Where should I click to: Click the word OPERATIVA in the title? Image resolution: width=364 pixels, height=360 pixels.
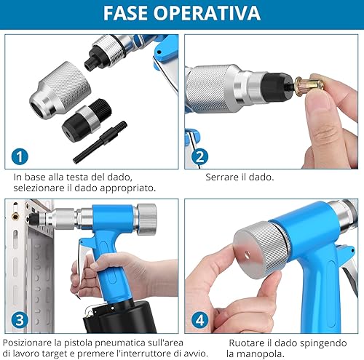click(x=207, y=13)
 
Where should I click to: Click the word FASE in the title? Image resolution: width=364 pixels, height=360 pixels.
click(x=125, y=13)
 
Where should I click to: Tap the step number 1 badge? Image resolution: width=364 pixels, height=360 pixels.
click(x=20, y=156)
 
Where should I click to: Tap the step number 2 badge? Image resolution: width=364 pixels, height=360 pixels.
click(x=199, y=156)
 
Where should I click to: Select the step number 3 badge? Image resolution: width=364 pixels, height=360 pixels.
click(x=20, y=320)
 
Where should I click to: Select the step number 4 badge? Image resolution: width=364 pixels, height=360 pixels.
click(x=199, y=320)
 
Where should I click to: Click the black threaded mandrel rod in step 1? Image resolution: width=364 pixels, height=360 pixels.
click(x=100, y=143)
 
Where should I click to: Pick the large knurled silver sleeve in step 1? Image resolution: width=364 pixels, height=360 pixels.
click(x=60, y=90)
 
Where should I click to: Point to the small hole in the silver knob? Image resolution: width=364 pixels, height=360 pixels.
click(x=248, y=255)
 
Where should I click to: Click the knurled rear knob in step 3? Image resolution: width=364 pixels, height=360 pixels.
click(x=146, y=220)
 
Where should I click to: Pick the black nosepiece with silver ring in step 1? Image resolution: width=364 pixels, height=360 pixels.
click(x=86, y=121)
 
